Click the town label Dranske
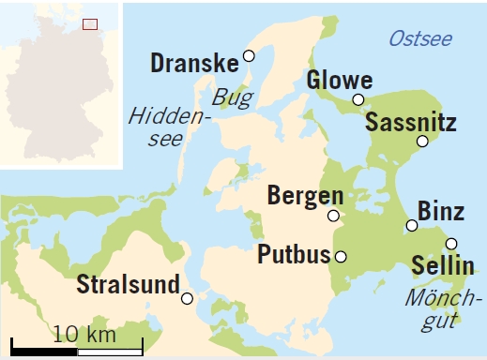[x=194, y=64]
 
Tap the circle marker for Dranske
[x=249, y=56]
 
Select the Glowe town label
[x=340, y=81]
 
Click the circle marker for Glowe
[x=358, y=99]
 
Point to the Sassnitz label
[x=410, y=122]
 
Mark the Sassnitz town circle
[x=422, y=141]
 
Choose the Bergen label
[x=305, y=196]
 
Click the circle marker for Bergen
[x=333, y=216]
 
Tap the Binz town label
[x=440, y=210]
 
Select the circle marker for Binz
[x=412, y=225]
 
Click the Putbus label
[x=293, y=255]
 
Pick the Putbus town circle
[x=341, y=256]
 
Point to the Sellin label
[x=443, y=266]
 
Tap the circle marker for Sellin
[x=451, y=244]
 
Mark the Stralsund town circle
[x=188, y=298]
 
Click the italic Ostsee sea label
[x=419, y=38]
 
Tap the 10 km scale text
[x=84, y=334]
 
